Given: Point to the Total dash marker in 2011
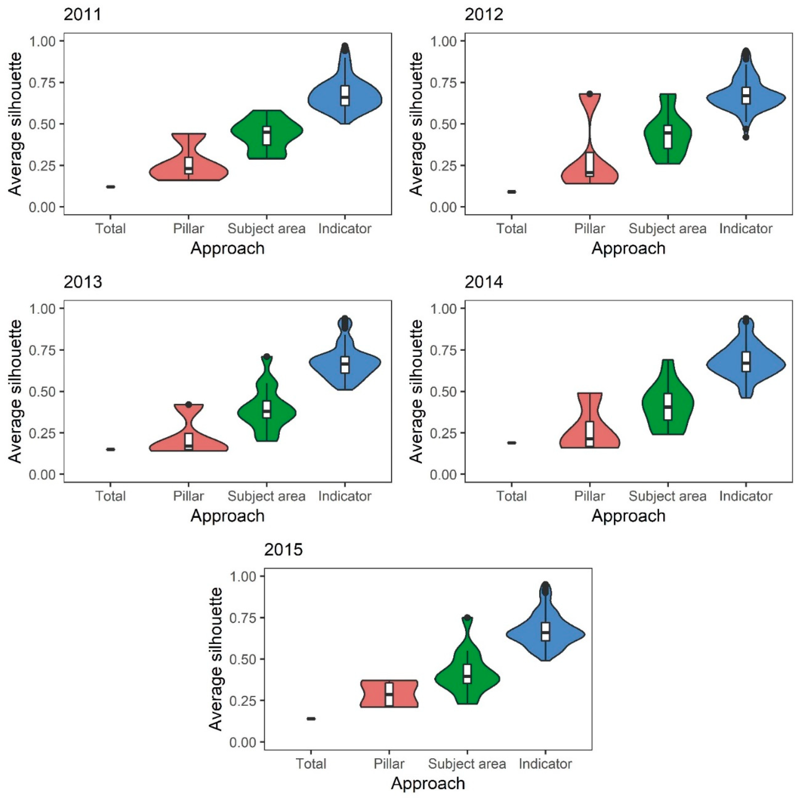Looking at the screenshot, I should click(110, 187).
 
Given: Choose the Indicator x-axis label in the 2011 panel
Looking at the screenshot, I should click(345, 229).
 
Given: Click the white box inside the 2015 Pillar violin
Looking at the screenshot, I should click(389, 694).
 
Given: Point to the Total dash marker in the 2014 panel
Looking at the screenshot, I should click(512, 443).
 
